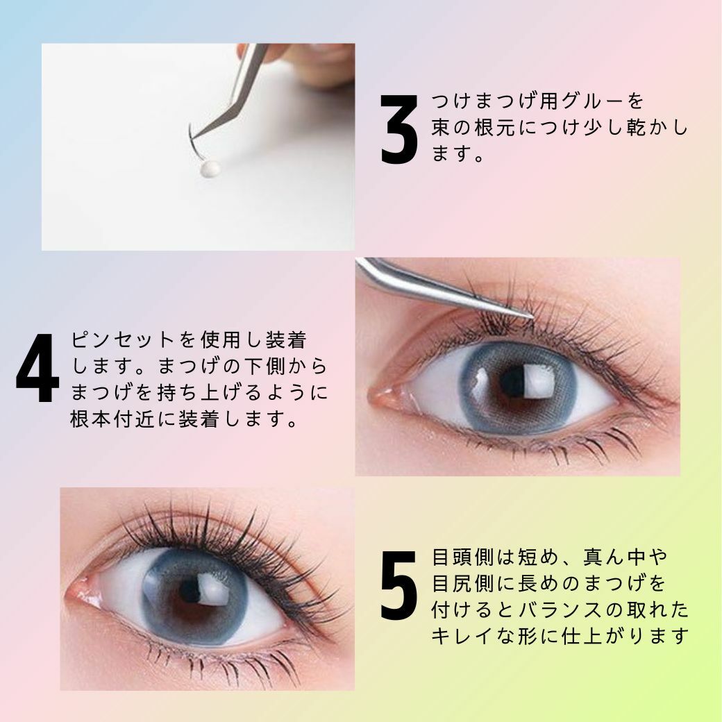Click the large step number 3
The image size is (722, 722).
[x=398, y=129]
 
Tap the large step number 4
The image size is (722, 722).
[x=37, y=367]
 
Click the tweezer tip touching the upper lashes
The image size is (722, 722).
[x=530, y=316]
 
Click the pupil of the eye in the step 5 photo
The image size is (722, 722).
[x=190, y=591]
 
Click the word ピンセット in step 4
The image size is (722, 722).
[x=123, y=339]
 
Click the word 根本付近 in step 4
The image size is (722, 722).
[x=112, y=419]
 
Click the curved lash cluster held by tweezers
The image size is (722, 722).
[x=194, y=141]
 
